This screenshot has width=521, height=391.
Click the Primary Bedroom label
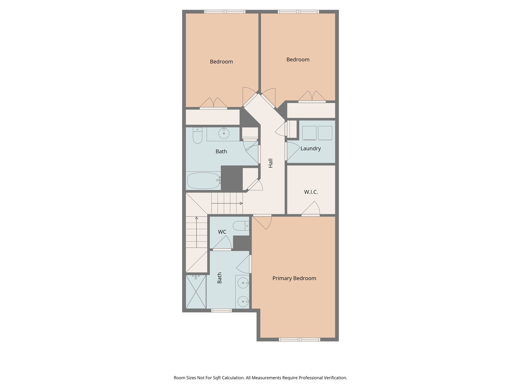pos(294,278)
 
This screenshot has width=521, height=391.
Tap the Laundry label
pos(310,148)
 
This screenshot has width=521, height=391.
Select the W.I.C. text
pos(311,192)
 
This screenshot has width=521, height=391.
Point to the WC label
pos(222,232)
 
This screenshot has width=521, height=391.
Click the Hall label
pos(270,163)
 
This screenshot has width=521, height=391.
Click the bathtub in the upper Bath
pos(204,181)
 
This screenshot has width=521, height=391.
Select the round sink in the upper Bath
pos(224,133)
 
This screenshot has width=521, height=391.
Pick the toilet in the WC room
pos(241,226)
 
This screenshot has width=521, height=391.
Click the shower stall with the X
pos(196,292)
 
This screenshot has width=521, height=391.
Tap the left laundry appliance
pos(309,133)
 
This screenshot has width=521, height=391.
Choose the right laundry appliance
pos(325,133)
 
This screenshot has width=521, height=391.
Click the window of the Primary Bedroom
pos(299,339)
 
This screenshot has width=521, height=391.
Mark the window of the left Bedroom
pos(225,11)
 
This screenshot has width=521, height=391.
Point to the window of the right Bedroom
pos(298,11)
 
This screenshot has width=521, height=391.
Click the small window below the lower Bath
pos(221,310)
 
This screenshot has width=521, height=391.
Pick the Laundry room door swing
pos(293,151)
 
